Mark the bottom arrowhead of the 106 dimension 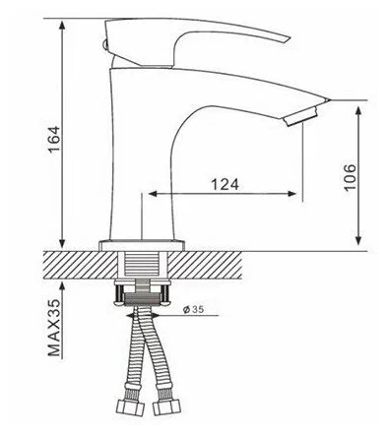point(357,242)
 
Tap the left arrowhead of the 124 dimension point(151,194)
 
